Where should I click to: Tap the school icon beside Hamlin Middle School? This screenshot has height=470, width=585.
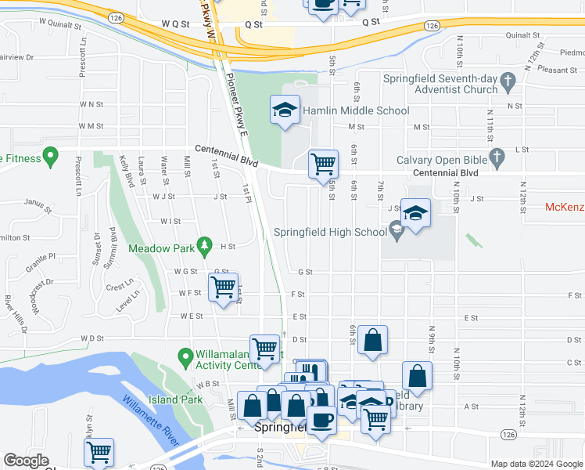[x=285, y=110]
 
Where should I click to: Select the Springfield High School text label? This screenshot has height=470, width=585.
[x=329, y=233]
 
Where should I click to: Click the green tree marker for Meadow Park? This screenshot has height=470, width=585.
[x=204, y=246]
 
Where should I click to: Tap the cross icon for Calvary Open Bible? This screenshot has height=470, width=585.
[x=496, y=161]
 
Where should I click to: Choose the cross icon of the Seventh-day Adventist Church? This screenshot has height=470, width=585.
[x=508, y=80]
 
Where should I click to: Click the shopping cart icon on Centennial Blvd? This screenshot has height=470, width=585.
[x=323, y=164]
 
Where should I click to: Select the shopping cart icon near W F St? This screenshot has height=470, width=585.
[x=223, y=287]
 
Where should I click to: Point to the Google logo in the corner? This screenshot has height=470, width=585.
[x=26, y=461]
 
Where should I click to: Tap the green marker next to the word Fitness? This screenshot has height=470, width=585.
[x=51, y=157]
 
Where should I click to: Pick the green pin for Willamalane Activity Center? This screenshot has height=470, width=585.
[x=185, y=358]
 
